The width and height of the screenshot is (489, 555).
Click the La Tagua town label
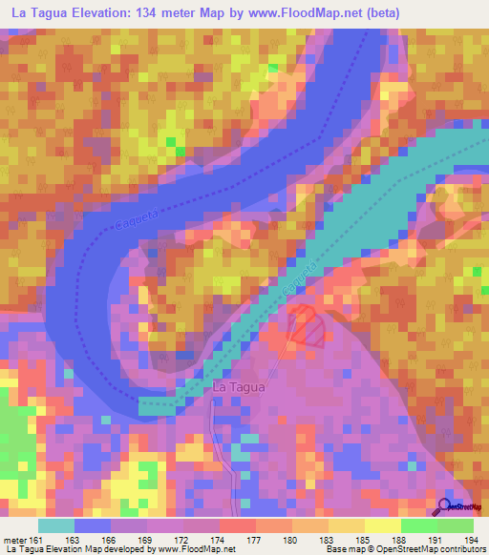point(237,388)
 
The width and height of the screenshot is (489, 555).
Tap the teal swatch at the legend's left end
point(56,525)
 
